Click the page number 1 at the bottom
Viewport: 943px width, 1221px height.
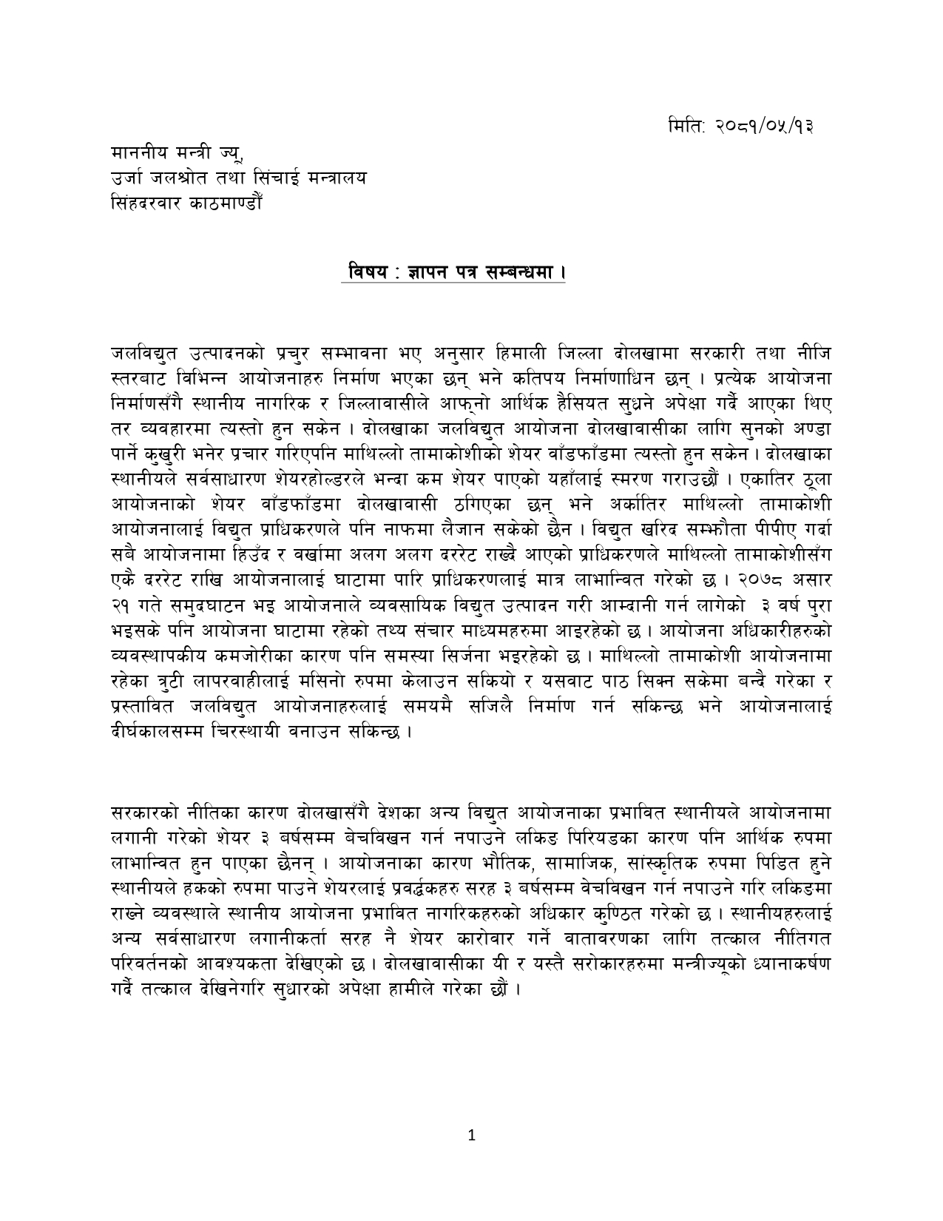tap(471, 1136)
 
